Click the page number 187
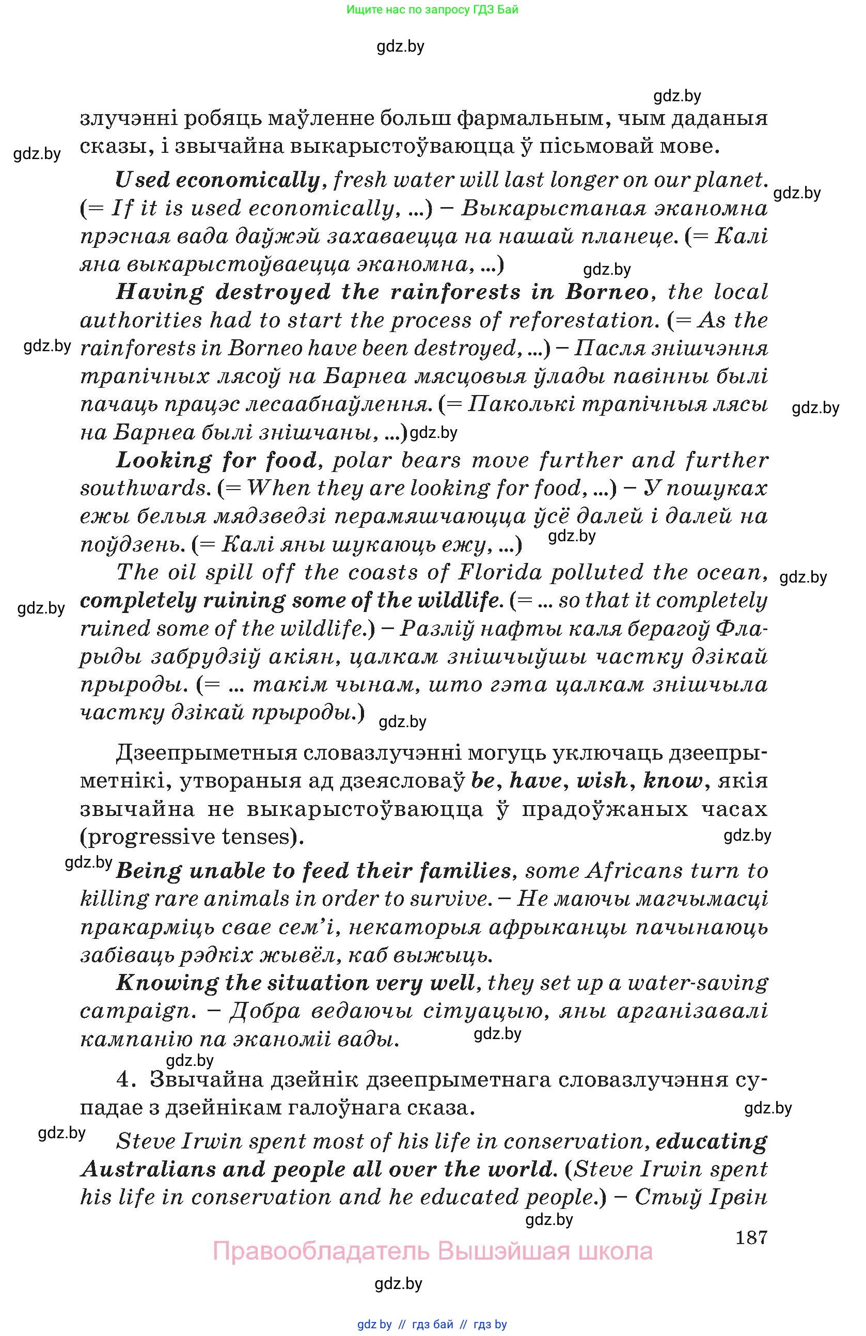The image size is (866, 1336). coord(751,1236)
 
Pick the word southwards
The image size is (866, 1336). coord(144,488)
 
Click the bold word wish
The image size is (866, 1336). coord(602,780)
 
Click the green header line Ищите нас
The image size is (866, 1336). coord(432,9)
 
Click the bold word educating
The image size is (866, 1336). coord(711,1141)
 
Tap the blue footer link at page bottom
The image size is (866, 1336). coord(432,1324)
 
